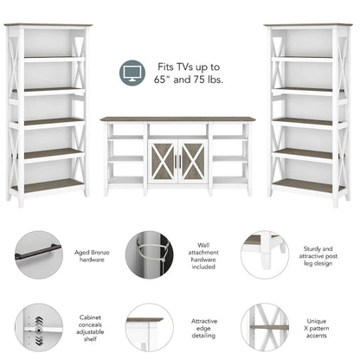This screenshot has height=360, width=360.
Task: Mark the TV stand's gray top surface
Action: point(178,119)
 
